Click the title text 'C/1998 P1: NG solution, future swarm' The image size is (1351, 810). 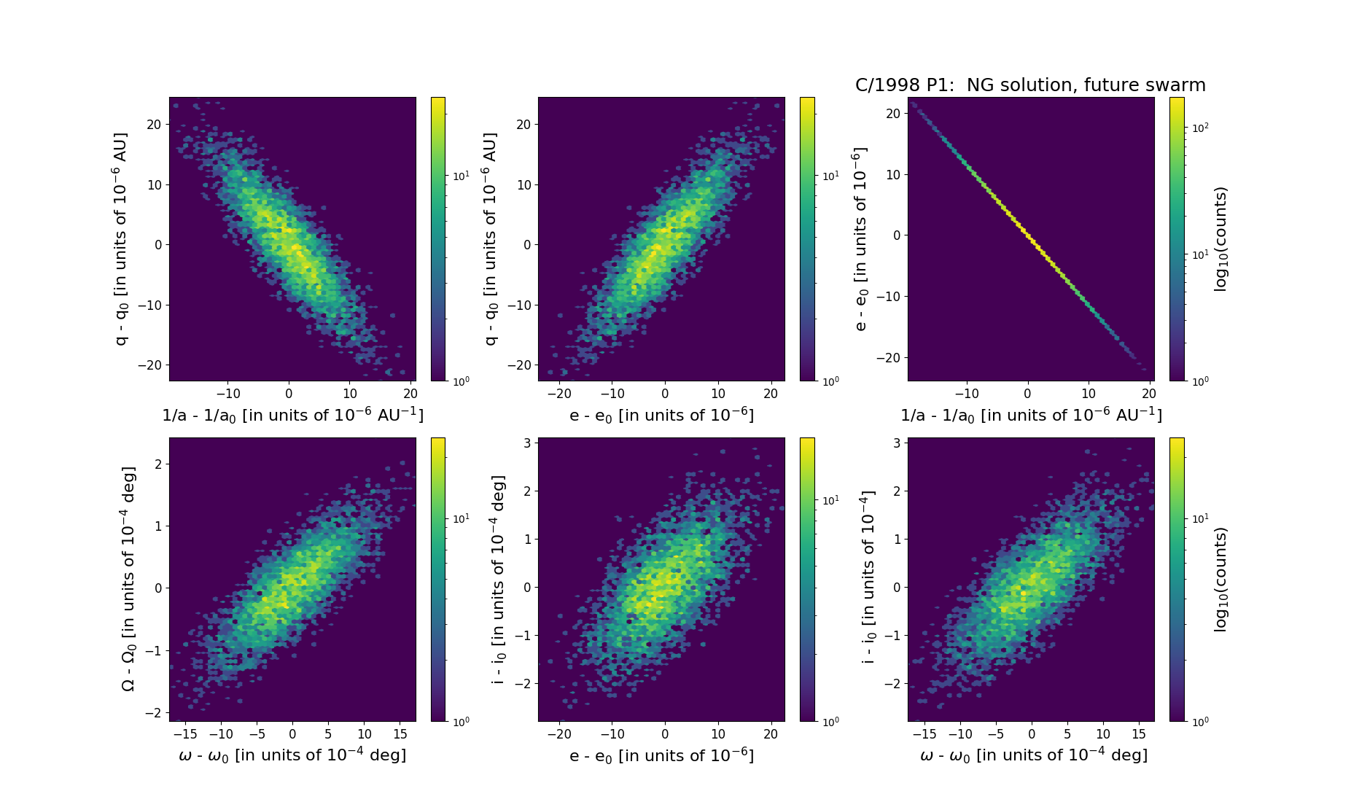(x=1030, y=85)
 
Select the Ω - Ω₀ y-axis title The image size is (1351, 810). (x=128, y=580)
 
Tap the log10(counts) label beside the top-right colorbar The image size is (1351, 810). (x=1220, y=239)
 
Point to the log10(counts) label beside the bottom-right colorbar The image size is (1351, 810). (x=1220, y=580)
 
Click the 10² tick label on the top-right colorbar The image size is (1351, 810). (x=1199, y=128)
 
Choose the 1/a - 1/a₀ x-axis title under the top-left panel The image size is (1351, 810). (x=292, y=415)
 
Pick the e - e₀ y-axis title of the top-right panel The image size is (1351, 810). (x=861, y=239)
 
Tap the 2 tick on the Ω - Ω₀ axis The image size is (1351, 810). (x=158, y=464)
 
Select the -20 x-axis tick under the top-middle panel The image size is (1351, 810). (x=559, y=394)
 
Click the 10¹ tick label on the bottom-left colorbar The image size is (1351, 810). (x=461, y=518)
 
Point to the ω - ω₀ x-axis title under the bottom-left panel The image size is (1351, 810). (x=292, y=755)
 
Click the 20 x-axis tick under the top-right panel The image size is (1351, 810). (x=1149, y=394)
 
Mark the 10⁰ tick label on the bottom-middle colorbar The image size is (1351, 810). (x=830, y=722)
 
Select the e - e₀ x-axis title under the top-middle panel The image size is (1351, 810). (x=661, y=415)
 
